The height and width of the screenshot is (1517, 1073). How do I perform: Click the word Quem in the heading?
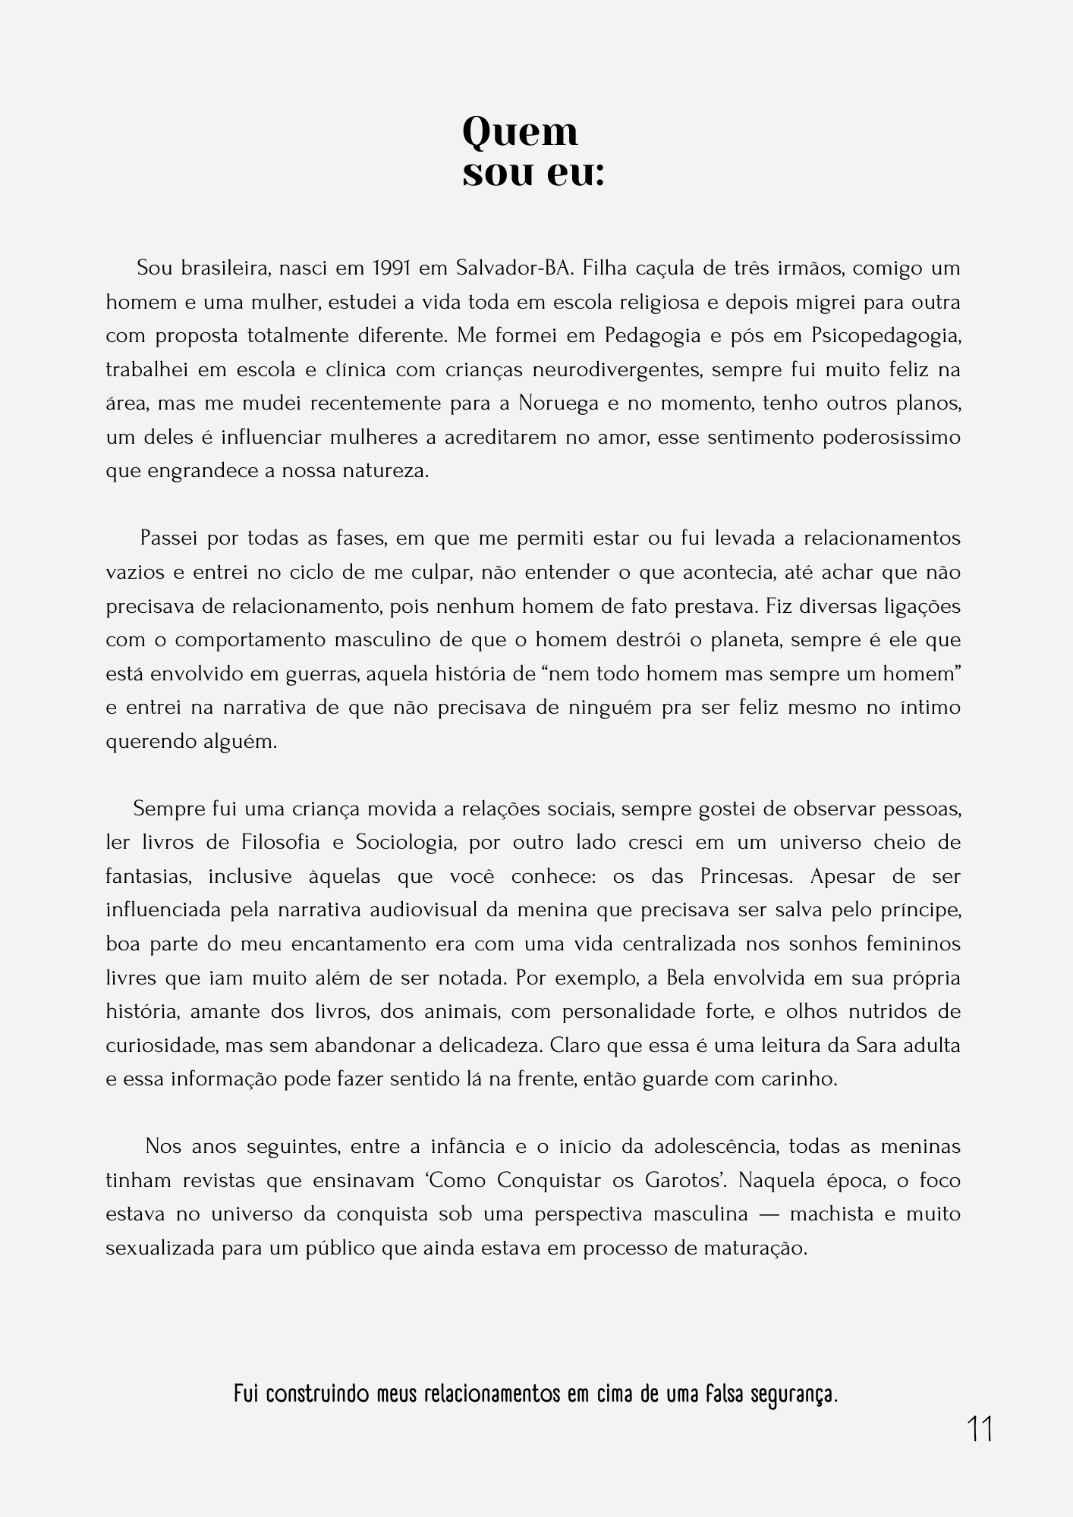[520, 133]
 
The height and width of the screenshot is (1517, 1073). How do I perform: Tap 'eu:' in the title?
[574, 174]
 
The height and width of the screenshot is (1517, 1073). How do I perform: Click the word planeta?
[744, 640]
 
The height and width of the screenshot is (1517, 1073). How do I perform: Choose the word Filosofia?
[284, 843]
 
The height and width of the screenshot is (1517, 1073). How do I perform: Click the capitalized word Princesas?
[746, 877]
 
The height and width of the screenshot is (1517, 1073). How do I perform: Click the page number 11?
[980, 1430]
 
